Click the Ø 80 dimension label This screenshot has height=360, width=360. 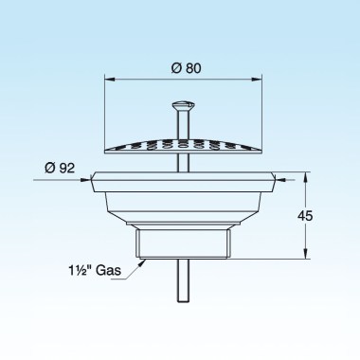coord(186,68)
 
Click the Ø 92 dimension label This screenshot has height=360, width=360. coord(60,168)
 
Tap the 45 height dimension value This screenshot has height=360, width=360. coord(305,216)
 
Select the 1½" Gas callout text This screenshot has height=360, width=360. coord(95,270)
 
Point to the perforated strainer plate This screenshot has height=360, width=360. coord(183,146)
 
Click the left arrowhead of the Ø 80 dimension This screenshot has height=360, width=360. coord(109,80)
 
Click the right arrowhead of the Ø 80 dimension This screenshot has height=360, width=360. coord(257,80)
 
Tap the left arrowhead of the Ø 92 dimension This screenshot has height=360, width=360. coord(85,180)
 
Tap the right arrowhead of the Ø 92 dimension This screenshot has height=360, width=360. coord(280,180)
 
